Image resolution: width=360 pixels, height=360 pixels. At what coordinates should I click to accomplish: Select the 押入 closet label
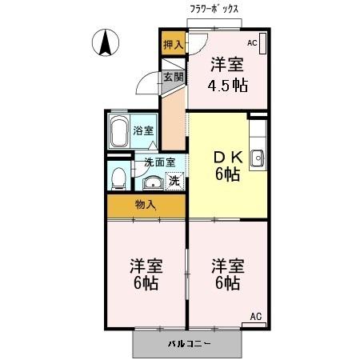pos(173,45)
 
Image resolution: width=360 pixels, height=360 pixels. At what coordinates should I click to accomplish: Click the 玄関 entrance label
pos(174,78)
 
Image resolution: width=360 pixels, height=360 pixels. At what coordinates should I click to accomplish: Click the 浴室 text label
pos(144,130)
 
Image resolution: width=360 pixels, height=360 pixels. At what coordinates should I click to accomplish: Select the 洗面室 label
pos(157,162)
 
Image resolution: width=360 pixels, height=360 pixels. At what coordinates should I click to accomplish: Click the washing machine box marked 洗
pos(174,181)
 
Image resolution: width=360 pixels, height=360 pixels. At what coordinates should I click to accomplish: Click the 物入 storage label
pos(146,205)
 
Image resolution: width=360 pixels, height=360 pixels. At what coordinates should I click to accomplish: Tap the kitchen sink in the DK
pos(258,158)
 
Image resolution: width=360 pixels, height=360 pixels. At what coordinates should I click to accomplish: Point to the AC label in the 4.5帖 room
pos(251,43)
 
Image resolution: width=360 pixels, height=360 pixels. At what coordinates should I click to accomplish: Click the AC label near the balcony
pos(256,317)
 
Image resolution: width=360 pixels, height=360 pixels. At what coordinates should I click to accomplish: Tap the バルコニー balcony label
pos(189,344)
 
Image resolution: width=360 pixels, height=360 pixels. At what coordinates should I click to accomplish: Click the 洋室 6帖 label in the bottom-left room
pos(145,274)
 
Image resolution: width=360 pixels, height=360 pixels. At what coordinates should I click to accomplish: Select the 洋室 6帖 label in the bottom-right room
pos(226,274)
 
